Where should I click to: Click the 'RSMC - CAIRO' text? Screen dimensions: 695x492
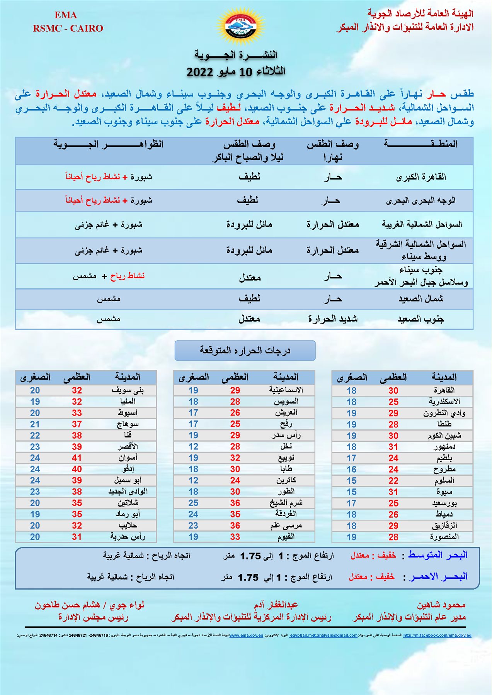tap(68, 29)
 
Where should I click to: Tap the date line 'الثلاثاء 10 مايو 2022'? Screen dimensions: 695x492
tap(236, 72)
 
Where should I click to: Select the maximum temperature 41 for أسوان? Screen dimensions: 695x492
tap(77, 458)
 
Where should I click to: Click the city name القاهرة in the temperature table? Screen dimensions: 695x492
tap(444, 390)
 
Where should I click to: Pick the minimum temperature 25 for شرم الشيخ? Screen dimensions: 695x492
tap(193, 503)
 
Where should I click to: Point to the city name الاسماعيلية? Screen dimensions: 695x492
tap(286, 390)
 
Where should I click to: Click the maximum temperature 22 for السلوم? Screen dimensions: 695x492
tap(393, 481)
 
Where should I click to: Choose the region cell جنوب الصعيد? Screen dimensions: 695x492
tap(421, 319)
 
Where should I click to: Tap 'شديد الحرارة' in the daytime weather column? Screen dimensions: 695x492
tap(333, 319)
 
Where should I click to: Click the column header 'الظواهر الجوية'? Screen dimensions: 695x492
tap(109, 144)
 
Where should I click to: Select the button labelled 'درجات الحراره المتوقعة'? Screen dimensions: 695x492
tap(245, 351)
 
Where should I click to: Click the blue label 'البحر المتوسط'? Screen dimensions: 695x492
tap(438, 555)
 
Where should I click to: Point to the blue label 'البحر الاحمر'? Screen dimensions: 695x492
tap(439, 577)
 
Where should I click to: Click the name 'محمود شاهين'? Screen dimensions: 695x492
tap(441, 605)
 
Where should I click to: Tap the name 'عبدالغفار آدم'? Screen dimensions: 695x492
tap(276, 605)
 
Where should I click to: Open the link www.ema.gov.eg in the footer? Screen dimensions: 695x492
tap(246, 636)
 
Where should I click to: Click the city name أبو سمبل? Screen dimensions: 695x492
tap(128, 480)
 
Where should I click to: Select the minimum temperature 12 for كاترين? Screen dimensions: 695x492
tap(193, 480)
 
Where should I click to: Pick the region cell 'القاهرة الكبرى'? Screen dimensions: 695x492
tap(421, 177)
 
